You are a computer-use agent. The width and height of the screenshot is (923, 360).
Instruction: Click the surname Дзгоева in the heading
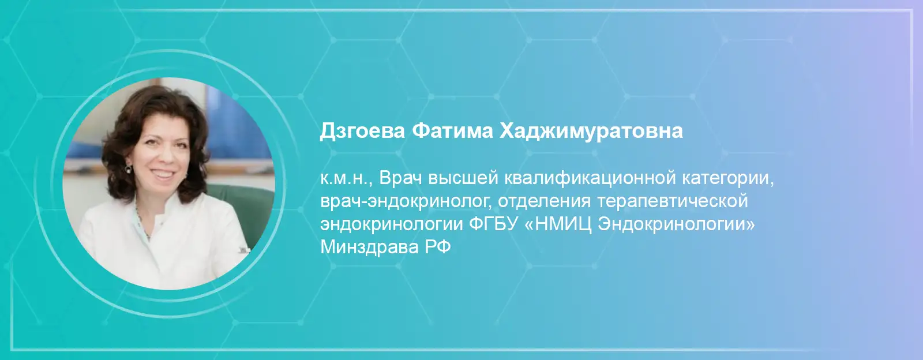[362, 132]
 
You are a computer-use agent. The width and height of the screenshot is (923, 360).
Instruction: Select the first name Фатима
[452, 131]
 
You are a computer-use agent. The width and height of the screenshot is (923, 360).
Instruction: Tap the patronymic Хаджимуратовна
[591, 132]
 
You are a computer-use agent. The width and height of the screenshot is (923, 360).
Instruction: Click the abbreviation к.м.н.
[346, 179]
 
